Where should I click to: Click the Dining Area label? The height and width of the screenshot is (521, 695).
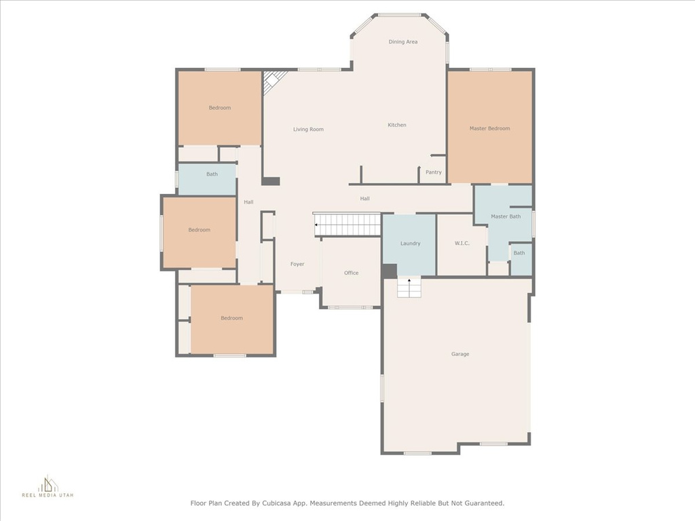coord(403,41)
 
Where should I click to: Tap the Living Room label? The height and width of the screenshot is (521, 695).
coord(308,130)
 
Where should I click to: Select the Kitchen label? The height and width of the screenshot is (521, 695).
coord(396,125)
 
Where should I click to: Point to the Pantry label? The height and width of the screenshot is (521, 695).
coord(433,172)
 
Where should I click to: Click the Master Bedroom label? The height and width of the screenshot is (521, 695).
coord(489,128)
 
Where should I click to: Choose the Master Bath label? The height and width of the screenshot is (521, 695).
coord(505,216)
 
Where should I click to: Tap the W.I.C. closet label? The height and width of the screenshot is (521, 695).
coord(462,244)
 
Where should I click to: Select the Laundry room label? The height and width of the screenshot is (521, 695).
coord(410,244)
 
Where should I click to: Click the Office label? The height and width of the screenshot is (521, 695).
coord(351,273)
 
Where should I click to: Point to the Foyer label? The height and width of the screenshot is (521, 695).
coord(297,264)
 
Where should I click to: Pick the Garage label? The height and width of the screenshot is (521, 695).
coord(460,354)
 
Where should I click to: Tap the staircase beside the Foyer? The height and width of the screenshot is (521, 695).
coord(347,225)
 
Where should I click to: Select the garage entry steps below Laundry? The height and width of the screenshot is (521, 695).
coord(409,287)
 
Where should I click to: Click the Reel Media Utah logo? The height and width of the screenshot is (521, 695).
coord(48,486)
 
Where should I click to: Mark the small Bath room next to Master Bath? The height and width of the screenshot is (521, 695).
coord(521,259)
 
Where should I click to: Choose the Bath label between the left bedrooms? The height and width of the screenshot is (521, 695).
coord(212,174)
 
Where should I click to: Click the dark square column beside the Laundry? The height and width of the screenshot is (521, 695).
coord(390,271)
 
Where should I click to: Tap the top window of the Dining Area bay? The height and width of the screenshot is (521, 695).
coord(399,15)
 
